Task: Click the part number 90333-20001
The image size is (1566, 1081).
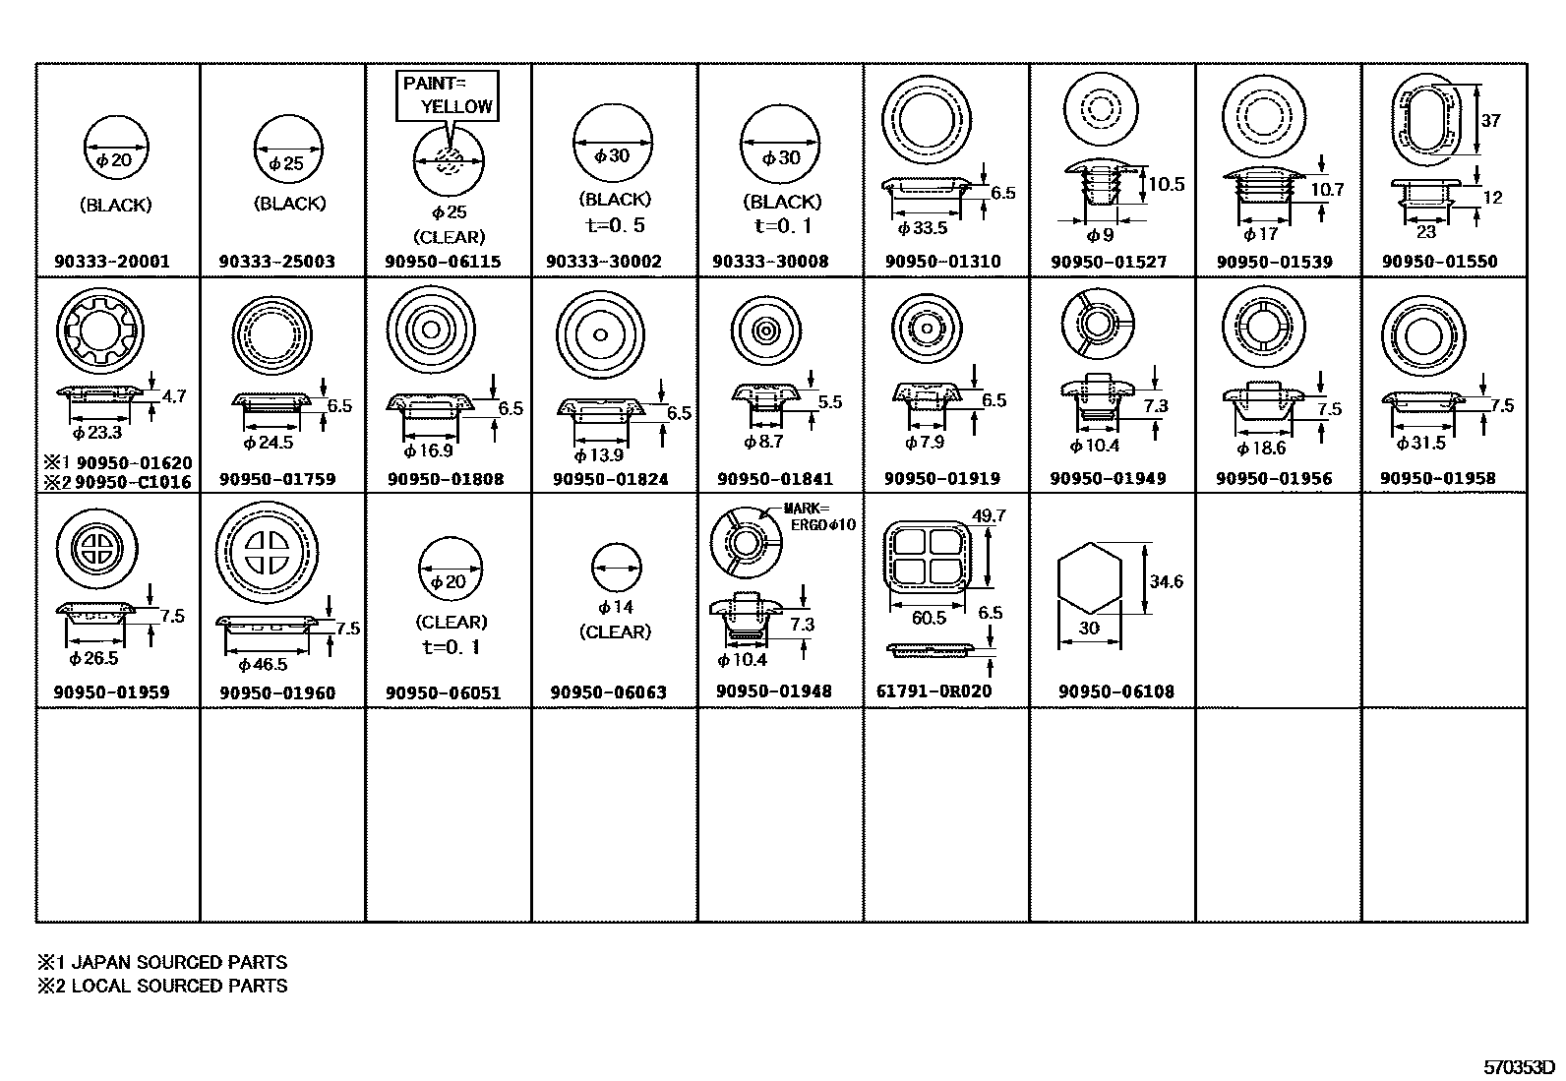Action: click(112, 262)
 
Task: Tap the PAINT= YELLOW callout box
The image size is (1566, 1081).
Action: click(447, 95)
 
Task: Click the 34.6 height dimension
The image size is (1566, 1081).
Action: click(1166, 582)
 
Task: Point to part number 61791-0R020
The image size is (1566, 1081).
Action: click(934, 691)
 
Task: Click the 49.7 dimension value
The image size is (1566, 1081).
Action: click(988, 515)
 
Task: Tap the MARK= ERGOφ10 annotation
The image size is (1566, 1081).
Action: click(818, 517)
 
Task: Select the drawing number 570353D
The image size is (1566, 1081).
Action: click(1518, 1067)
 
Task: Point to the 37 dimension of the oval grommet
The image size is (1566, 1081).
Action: click(1491, 121)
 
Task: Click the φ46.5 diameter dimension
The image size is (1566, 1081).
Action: click(263, 665)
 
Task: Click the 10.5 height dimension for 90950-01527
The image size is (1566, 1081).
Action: click(1166, 185)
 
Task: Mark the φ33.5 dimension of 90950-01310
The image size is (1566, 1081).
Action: click(923, 228)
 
